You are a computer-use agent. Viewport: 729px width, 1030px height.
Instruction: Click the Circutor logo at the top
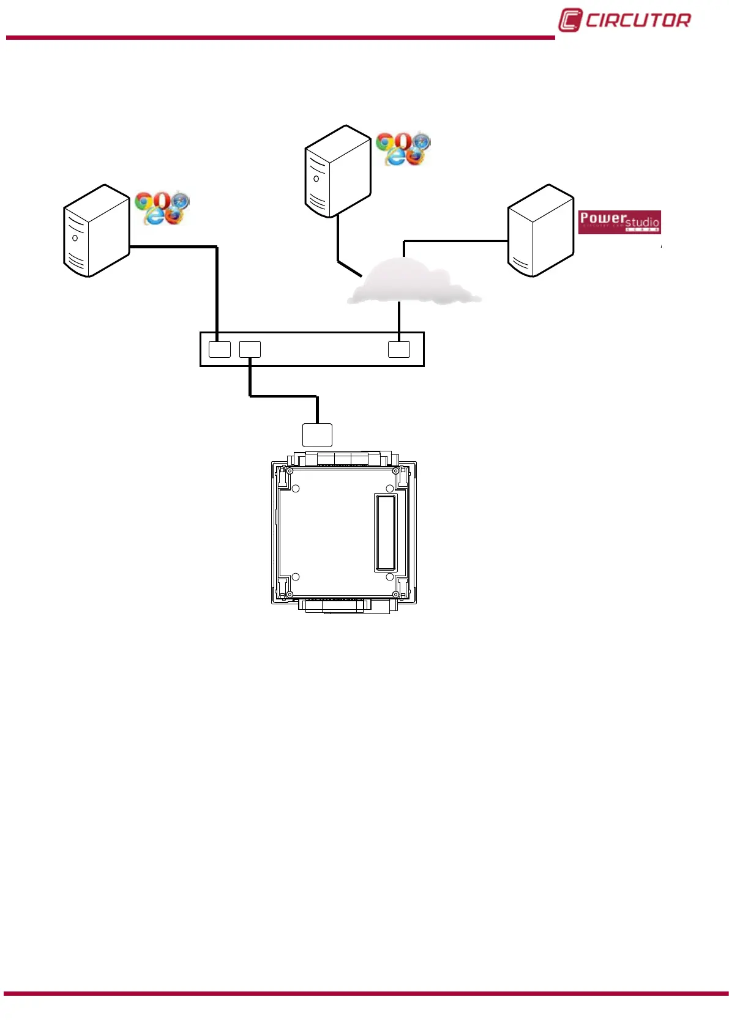(x=624, y=20)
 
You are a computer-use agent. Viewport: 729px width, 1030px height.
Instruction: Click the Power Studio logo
(x=619, y=222)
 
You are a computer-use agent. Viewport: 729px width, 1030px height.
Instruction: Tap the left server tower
(x=96, y=231)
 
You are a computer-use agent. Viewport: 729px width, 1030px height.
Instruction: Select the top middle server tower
(x=338, y=171)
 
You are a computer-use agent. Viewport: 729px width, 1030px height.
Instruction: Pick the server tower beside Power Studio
(x=540, y=231)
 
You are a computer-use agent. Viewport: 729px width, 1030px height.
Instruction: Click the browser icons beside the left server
(x=162, y=208)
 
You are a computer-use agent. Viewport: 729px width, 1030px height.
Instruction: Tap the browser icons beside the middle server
(x=403, y=149)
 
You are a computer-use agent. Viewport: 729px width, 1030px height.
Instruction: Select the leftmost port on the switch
(x=220, y=349)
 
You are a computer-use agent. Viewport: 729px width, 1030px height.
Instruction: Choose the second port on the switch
(x=250, y=349)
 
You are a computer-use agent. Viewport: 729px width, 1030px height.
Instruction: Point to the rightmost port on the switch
(x=399, y=349)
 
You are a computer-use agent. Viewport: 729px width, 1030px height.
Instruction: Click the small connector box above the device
(x=317, y=435)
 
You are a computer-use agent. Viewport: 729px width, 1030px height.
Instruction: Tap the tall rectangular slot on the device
(x=386, y=533)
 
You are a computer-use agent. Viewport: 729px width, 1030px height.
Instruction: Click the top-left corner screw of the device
(x=290, y=471)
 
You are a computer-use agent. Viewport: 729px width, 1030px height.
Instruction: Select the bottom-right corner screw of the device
(x=396, y=595)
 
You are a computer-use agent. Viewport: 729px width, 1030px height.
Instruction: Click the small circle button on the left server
(x=75, y=238)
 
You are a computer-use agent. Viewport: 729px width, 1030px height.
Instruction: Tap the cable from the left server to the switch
(x=217, y=287)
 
